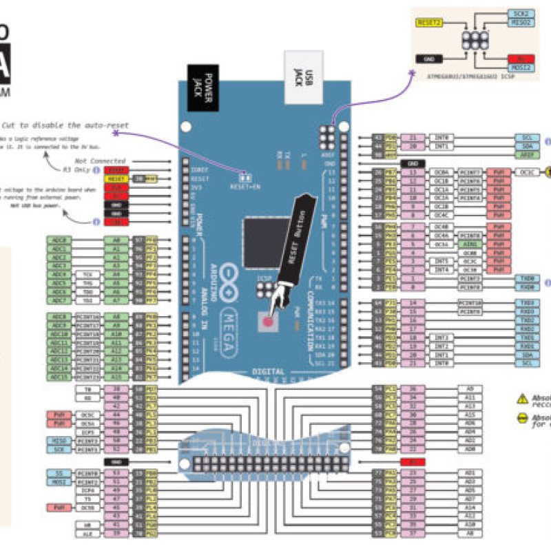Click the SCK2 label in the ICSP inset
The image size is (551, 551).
[521, 13]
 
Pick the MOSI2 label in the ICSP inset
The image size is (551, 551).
[521, 68]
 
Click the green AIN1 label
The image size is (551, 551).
[470, 244]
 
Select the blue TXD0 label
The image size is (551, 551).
[528, 278]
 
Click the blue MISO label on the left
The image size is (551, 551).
[56, 441]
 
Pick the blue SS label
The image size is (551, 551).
[56, 473]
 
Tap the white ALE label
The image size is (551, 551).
[87, 533]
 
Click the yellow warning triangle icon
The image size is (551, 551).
[521, 398]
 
